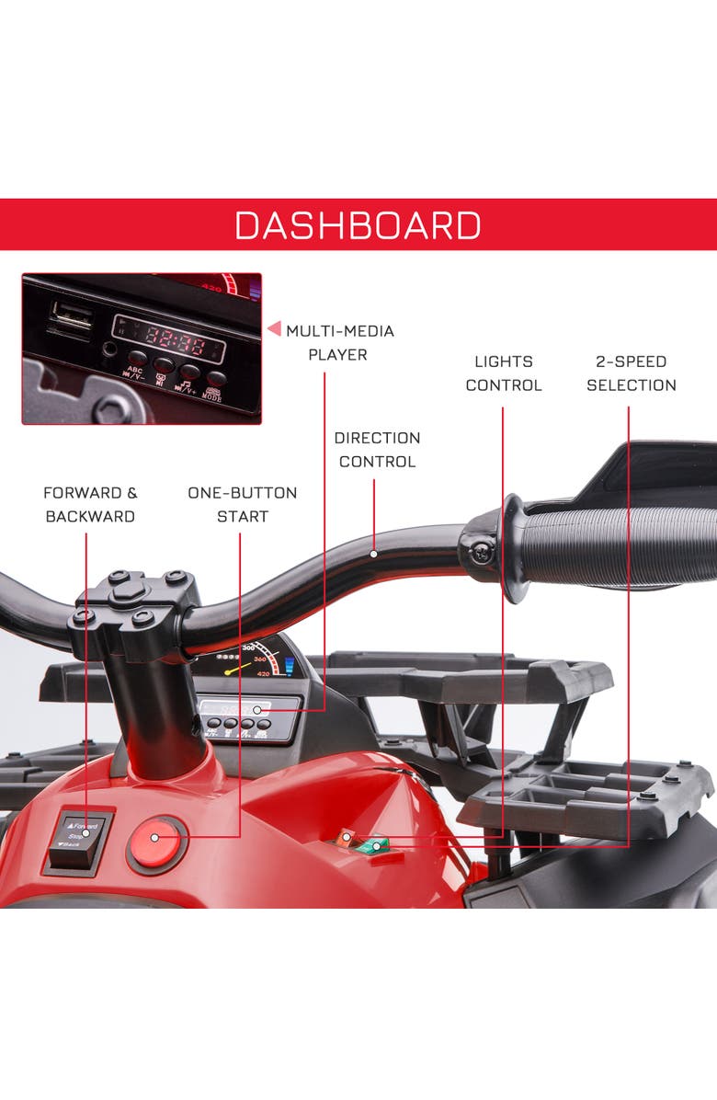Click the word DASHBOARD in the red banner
click(358, 225)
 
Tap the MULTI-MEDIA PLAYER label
click(339, 342)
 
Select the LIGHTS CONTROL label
click(504, 372)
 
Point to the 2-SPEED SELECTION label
click(631, 372)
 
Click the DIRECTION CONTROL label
click(377, 449)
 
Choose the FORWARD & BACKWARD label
click(90, 504)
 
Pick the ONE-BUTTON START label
click(242, 504)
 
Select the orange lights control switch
click(347, 836)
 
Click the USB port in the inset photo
click(71, 319)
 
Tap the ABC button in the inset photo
click(136, 360)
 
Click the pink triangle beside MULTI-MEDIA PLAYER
click(273, 328)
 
